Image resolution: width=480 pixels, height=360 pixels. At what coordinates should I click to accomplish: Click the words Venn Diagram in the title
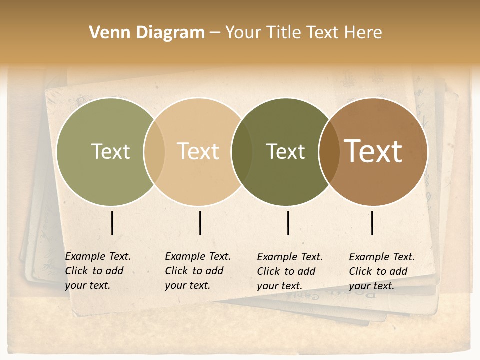coord(147,33)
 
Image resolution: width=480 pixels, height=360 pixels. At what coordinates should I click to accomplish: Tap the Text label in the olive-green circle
coord(110,151)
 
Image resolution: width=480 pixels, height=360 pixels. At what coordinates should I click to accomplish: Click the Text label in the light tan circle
coord(198,151)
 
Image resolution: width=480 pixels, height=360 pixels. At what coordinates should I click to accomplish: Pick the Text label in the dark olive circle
coord(285,151)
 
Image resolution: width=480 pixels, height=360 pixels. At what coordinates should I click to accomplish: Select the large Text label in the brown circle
coord(373,151)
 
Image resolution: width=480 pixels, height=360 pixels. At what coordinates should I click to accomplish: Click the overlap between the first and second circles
coord(154,151)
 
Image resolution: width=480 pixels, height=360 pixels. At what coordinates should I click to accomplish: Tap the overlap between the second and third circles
coord(242,151)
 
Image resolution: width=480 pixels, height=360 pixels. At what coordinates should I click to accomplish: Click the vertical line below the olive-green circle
coord(112,223)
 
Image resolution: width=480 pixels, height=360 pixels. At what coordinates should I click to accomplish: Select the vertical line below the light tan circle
coord(200,223)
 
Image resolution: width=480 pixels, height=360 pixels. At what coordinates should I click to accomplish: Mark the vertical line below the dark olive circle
coord(288,223)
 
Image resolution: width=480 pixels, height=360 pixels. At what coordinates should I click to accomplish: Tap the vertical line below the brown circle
coord(372,223)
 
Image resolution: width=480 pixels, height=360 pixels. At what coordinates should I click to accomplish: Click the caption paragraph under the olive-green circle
coord(97,271)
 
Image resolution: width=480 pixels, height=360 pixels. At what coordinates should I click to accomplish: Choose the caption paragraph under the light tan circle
coord(197,271)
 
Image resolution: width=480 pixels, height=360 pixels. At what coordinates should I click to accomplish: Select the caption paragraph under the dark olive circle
coord(289,271)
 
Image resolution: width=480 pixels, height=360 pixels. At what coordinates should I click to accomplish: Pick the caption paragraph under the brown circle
coord(381,271)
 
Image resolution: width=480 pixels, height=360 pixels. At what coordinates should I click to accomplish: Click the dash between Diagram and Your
coord(215,33)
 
